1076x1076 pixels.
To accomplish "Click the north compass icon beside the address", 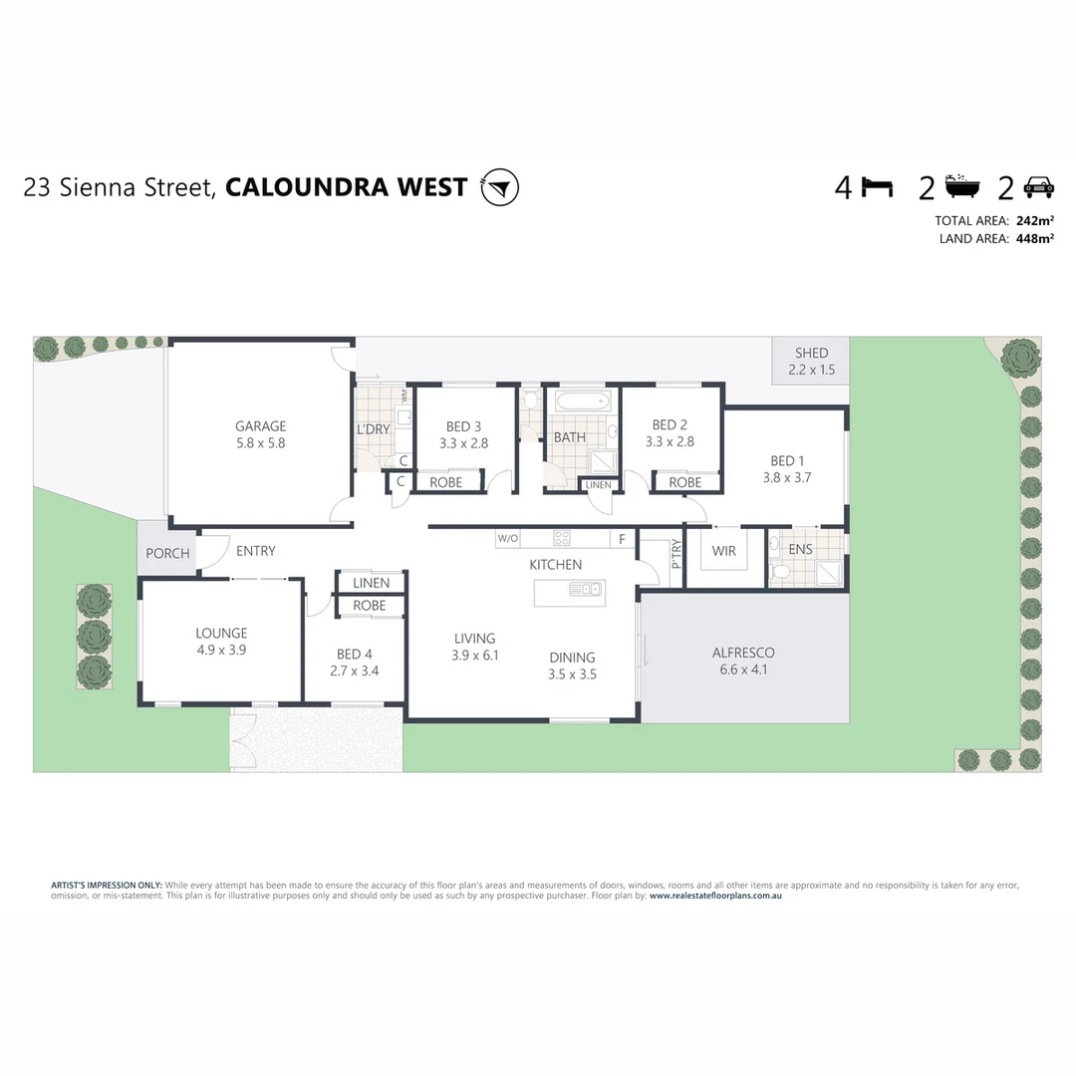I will [x=499, y=187].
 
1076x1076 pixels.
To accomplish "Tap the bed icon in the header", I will [x=877, y=187].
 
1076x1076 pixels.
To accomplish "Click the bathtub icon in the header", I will [x=962, y=186].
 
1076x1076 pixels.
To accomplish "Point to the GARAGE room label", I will [x=260, y=426].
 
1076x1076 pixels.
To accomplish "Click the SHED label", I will [x=811, y=353].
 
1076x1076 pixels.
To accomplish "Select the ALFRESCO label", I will [x=743, y=653].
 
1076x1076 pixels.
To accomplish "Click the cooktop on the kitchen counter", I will [x=562, y=538].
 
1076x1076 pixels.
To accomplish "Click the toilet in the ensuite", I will [x=779, y=571].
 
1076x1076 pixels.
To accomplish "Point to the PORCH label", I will [x=167, y=553].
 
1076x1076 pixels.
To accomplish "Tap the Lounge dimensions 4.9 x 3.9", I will [x=221, y=650].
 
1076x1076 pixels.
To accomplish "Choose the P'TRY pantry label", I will [x=675, y=553].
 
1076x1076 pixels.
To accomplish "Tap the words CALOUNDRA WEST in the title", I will [x=347, y=187].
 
